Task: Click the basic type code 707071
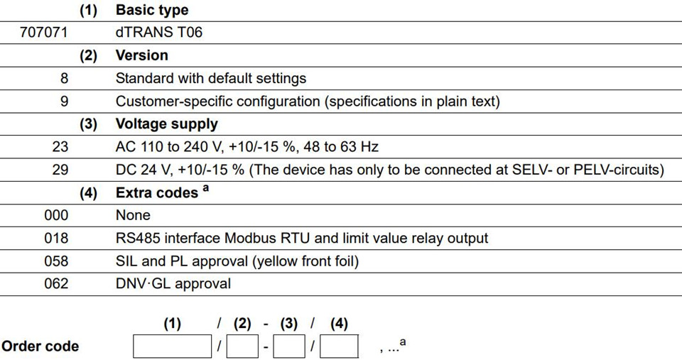tap(44, 33)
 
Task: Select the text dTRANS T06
tap(158, 33)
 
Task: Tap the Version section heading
tap(142, 55)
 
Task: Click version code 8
tap(64, 78)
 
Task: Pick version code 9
tap(64, 102)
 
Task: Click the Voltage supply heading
tap(166, 124)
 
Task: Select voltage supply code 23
tap(60, 146)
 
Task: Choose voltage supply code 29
tap(60, 170)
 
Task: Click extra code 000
tap(56, 215)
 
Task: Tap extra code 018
tap(56, 239)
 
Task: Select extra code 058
tap(56, 261)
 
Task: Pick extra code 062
tap(56, 284)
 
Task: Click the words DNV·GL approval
tap(173, 284)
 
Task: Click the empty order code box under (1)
tap(172, 346)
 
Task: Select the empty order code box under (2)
tap(242, 346)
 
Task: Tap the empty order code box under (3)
tap(289, 346)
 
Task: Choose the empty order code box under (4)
tap(340, 346)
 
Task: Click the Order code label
tap(40, 347)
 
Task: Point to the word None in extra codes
tap(133, 215)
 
